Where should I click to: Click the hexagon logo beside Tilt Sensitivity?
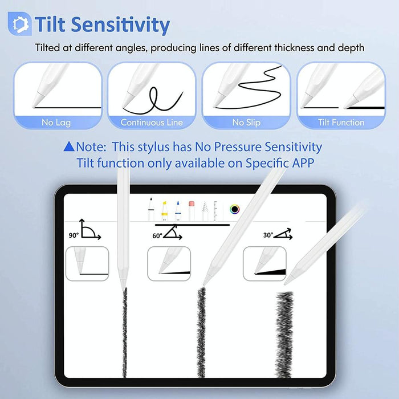coord(19,24)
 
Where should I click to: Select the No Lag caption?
coord(55,122)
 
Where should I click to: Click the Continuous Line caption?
coord(152,122)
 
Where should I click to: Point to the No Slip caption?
coord(246,122)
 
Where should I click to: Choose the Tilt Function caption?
coord(341,122)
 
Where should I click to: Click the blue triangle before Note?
coord(69,146)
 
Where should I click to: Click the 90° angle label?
coord(74,235)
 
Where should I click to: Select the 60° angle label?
coord(157,235)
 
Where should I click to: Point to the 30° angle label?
coord(268,235)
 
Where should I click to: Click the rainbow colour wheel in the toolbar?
coord(235,210)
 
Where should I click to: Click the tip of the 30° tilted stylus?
coord(287,282)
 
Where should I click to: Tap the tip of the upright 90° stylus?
coord(123,285)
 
